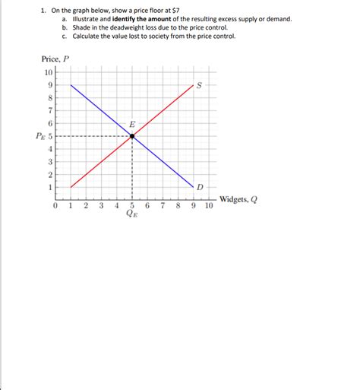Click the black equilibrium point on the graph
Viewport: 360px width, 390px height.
click(132, 136)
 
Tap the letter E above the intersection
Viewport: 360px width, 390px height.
click(132, 124)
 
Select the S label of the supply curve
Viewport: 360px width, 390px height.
click(199, 85)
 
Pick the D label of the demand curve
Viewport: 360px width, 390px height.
click(200, 186)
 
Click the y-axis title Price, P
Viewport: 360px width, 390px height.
click(55, 59)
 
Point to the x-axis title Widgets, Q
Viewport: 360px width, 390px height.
click(238, 200)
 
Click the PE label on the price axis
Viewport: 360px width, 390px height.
click(43, 137)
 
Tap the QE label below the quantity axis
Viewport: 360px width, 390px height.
click(132, 215)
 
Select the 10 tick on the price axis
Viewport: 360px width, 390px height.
click(49, 72)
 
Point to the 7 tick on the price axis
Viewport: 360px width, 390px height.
click(50, 111)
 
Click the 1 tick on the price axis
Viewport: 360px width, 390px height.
click(50, 187)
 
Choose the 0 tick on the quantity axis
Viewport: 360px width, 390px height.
click(55, 205)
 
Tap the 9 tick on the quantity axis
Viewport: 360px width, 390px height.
click(194, 205)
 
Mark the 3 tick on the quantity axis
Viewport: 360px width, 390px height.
click(101, 205)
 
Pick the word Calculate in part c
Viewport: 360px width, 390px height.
click(87, 36)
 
